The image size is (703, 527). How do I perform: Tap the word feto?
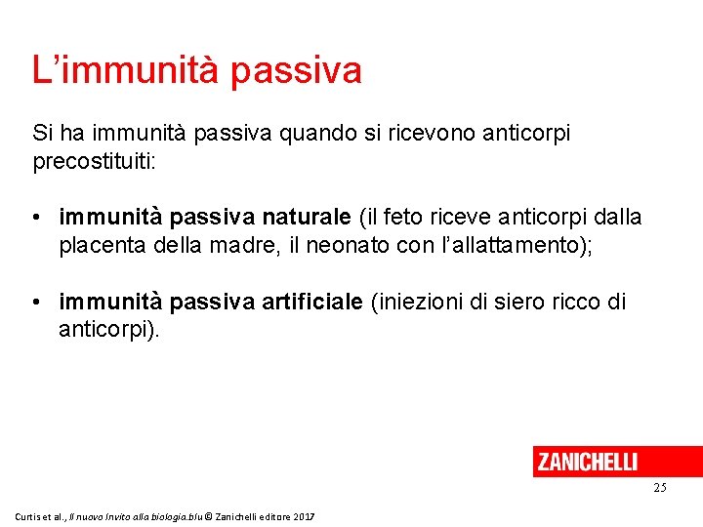404,218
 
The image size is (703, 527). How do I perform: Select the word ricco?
575,303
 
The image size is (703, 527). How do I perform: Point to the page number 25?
660,487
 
